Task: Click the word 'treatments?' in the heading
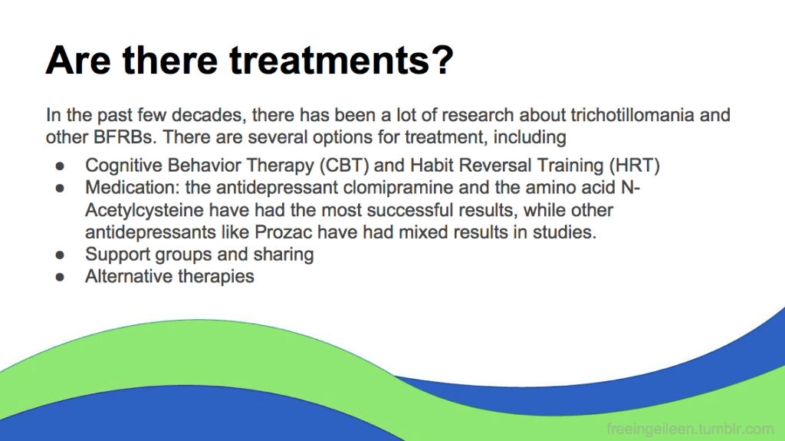[x=341, y=60]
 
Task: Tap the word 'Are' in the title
[x=78, y=60]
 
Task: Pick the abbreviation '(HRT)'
[x=634, y=166]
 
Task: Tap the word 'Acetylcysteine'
[x=144, y=210]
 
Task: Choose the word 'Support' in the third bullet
[x=117, y=255]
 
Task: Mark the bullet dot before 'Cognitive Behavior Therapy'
[x=60, y=166]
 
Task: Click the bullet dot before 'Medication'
[x=60, y=188]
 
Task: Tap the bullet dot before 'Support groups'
[x=60, y=255]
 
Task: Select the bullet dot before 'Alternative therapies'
[x=60, y=277]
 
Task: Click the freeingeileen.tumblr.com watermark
[x=690, y=429]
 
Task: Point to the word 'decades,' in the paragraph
[x=209, y=115]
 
